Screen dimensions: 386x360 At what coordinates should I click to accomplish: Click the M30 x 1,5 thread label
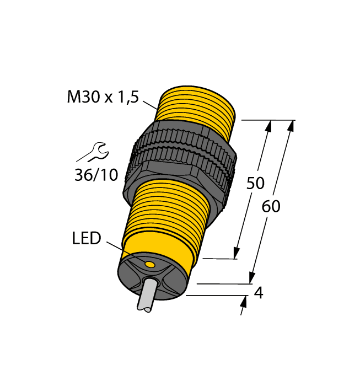point(103,98)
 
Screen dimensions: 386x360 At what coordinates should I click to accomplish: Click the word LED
point(87,238)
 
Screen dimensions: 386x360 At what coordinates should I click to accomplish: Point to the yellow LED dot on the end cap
point(149,265)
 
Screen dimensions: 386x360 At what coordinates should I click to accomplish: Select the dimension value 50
point(255,183)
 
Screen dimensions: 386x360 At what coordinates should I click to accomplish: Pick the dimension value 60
point(271,207)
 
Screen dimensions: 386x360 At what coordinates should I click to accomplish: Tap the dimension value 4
point(257,293)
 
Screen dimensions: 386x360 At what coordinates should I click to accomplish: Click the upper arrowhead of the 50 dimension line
point(269,126)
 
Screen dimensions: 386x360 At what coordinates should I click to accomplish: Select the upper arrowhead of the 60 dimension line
point(291,126)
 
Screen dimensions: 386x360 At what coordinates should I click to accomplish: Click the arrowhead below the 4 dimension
point(244,302)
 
